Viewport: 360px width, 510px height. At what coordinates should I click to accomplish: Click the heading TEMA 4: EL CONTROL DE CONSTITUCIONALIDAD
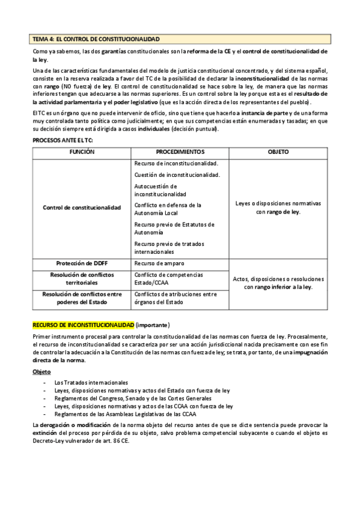[x=96, y=39]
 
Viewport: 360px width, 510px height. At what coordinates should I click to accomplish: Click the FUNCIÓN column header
[x=81, y=152]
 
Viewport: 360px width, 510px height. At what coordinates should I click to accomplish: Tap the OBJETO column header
[x=278, y=152]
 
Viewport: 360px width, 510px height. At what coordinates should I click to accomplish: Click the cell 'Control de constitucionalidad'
[x=82, y=207]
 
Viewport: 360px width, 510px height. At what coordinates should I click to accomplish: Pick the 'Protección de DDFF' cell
[x=82, y=263]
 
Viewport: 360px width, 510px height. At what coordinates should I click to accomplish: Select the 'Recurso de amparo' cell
[x=159, y=263]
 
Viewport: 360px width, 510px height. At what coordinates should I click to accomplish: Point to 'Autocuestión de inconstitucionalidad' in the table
[x=161, y=190]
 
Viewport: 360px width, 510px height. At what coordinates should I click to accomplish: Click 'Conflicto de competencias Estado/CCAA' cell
[x=169, y=278]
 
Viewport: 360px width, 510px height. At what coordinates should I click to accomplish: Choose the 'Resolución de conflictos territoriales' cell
[x=82, y=278]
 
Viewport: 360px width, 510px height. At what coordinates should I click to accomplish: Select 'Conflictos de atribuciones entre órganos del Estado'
[x=175, y=298]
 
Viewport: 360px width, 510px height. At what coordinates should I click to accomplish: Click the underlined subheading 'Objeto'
[x=41, y=372]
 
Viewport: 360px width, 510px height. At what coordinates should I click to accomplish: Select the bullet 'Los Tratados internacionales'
[x=91, y=382]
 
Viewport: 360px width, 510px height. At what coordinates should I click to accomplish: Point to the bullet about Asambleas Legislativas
[x=126, y=414]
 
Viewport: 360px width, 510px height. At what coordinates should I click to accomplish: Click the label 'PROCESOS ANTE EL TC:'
[x=58, y=140]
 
